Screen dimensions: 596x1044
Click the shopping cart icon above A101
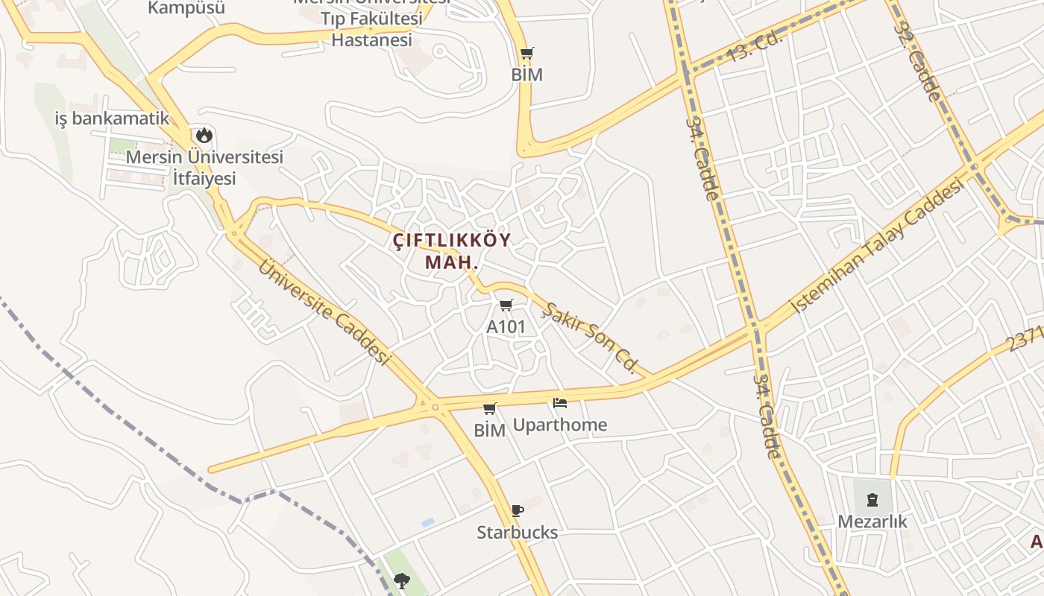[x=506, y=305]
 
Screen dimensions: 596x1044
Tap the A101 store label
[x=506, y=326]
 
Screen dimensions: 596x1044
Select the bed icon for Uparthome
[x=560, y=403]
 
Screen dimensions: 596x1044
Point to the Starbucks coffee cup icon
[x=518, y=510]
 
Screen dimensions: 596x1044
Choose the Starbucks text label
[x=518, y=532]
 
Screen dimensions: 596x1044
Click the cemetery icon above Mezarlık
[x=872, y=499]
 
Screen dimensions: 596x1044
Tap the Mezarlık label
[x=872, y=521]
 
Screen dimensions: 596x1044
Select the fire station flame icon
[x=204, y=136]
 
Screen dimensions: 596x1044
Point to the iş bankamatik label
[x=113, y=118]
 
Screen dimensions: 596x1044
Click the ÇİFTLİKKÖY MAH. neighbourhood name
[x=452, y=251]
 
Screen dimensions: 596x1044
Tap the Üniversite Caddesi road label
[x=324, y=311]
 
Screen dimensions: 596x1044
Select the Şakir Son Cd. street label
[x=590, y=337]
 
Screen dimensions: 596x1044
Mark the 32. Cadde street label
[x=917, y=61]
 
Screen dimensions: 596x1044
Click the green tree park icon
[x=403, y=580]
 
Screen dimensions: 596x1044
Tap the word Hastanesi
[x=371, y=39]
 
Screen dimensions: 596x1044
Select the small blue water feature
[x=427, y=523]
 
